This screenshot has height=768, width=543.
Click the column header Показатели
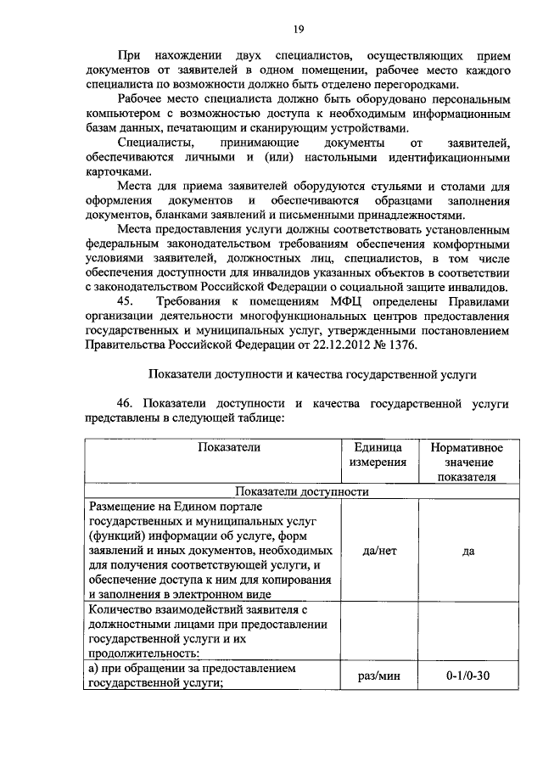click(x=229, y=447)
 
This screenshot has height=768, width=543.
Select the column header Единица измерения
click(x=376, y=454)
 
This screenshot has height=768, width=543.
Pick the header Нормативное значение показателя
click(x=467, y=462)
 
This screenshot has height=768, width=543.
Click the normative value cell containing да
click(x=467, y=550)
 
